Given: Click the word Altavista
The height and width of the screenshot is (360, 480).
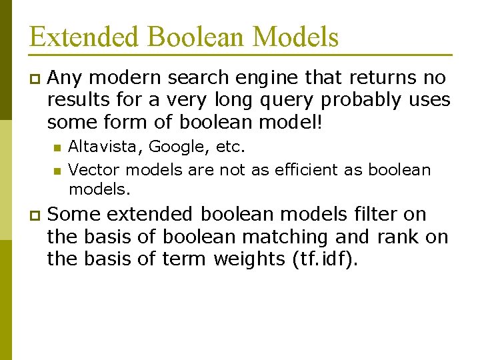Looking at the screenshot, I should (x=105, y=147).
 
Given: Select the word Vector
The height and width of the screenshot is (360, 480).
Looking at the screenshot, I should (x=91, y=170).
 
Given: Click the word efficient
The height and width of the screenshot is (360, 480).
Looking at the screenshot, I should (x=296, y=170).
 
